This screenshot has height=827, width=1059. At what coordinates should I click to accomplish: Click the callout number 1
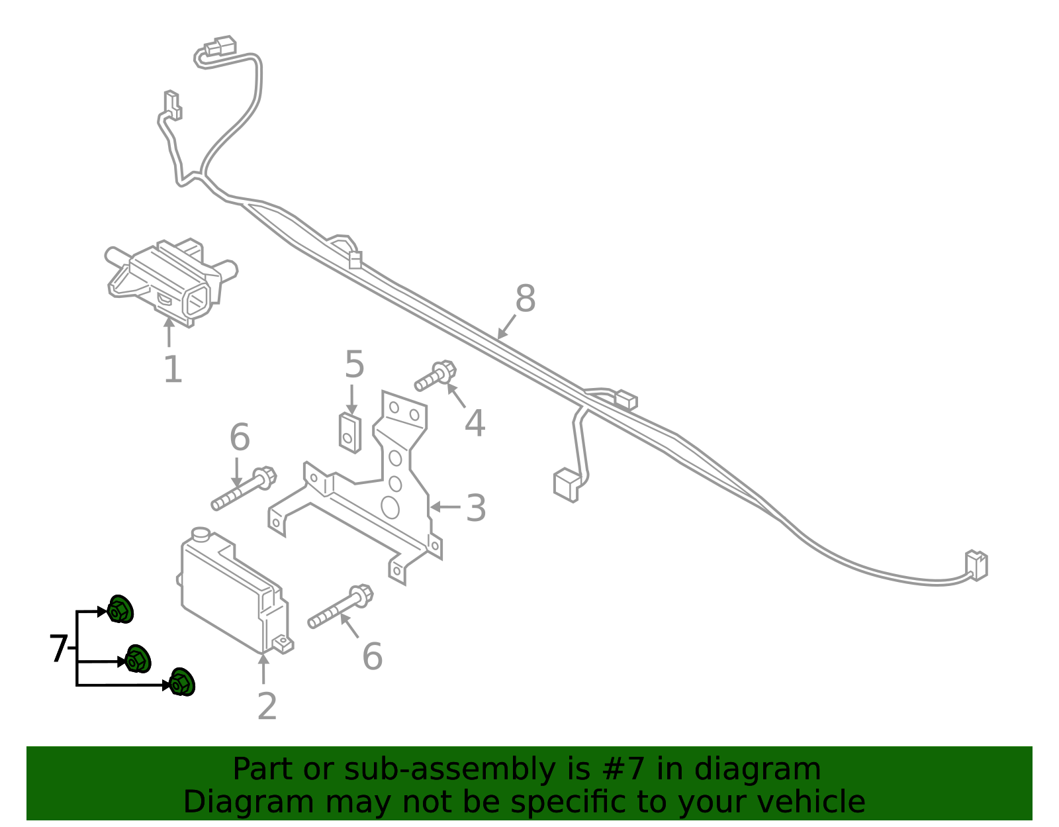click(x=173, y=369)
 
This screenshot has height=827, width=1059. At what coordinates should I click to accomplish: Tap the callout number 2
click(x=267, y=707)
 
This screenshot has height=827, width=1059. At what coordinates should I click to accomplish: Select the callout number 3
click(x=476, y=509)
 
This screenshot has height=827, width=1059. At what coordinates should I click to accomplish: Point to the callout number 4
click(x=475, y=423)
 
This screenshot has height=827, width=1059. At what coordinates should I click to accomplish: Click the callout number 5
click(x=355, y=365)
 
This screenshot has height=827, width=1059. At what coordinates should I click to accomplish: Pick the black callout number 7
click(x=58, y=649)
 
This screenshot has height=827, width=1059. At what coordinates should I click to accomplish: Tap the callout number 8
click(x=525, y=299)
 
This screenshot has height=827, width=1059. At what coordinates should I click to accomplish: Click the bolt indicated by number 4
click(x=435, y=376)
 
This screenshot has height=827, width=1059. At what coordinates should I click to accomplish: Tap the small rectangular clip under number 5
click(x=350, y=432)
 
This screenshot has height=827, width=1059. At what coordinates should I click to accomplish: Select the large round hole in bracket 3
click(x=390, y=507)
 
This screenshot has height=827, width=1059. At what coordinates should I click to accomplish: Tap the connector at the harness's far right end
click(x=976, y=565)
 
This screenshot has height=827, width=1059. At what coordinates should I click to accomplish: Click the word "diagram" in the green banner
click(x=757, y=769)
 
